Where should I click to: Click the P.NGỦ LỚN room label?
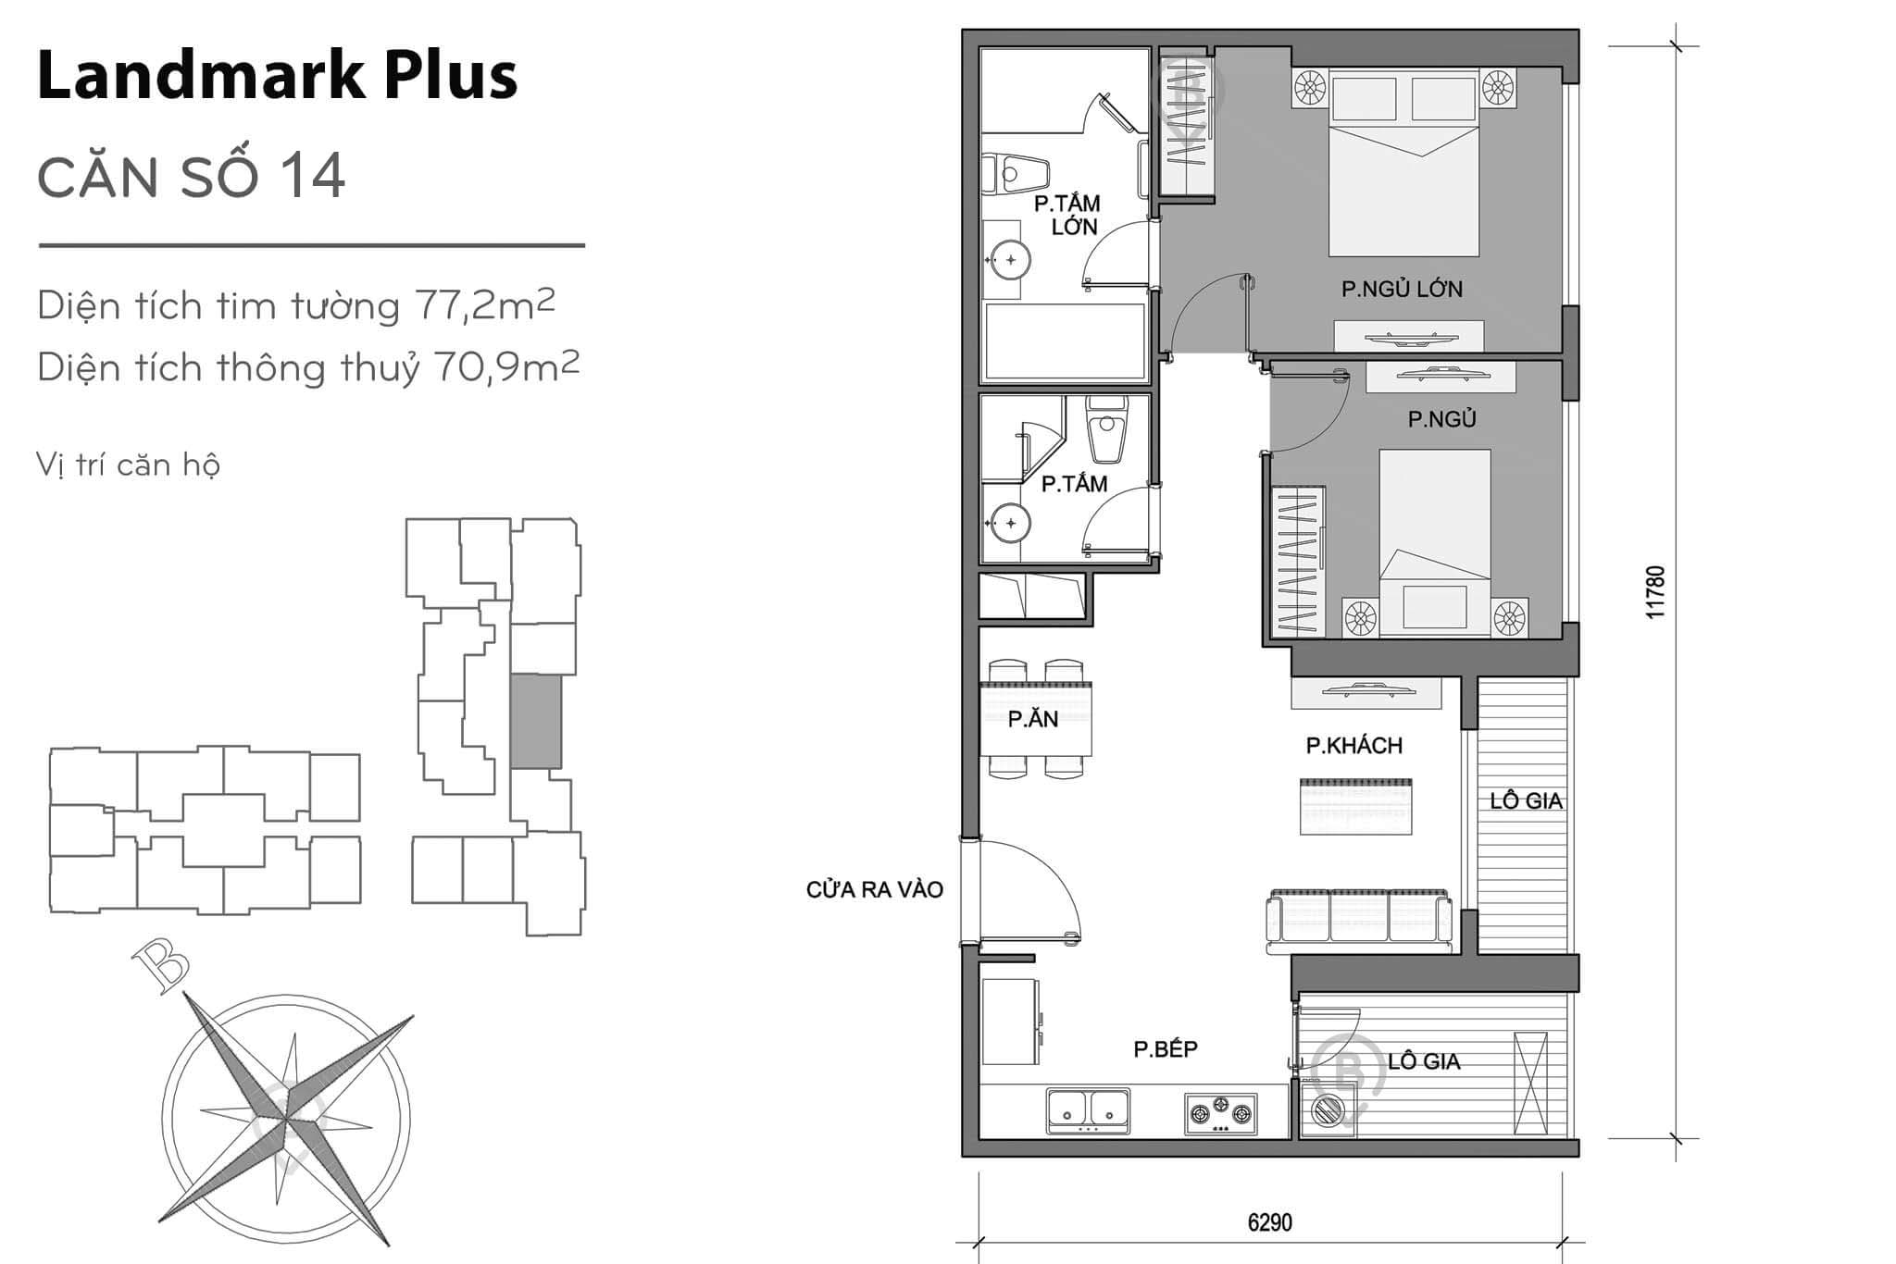click(x=1402, y=289)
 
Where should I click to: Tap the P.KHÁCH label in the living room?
click(x=1353, y=746)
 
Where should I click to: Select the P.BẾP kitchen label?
click(x=1166, y=1048)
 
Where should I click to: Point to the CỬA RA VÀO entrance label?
click(x=874, y=890)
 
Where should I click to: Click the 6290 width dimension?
click(x=1269, y=1222)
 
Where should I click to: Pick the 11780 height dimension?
click(x=1656, y=592)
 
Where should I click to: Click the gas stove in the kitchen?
click(x=1221, y=1114)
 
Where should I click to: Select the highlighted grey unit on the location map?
click(x=535, y=721)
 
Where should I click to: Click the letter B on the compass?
click(x=163, y=967)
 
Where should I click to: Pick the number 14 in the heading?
click(x=314, y=175)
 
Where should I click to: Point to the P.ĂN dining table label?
click(x=1033, y=719)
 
